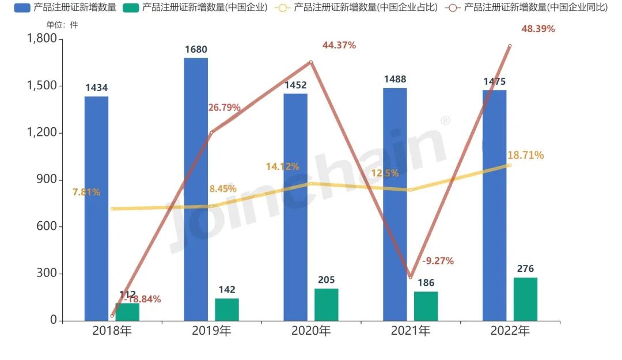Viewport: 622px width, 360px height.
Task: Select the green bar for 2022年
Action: [x=525, y=299]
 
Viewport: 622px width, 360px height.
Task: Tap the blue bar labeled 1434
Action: [x=96, y=208]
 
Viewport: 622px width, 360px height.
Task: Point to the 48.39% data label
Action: [x=538, y=29]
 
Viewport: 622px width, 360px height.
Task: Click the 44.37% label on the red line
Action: [x=339, y=46]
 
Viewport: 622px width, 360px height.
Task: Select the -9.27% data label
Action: [x=438, y=261]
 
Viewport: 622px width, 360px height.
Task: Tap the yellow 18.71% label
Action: [x=525, y=156]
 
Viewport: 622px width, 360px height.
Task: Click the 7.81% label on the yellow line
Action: [x=86, y=192]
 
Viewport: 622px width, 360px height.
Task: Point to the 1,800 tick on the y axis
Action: [x=41, y=39]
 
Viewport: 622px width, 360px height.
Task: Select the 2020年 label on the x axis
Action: [x=311, y=331]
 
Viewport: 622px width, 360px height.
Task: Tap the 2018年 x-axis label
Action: [x=112, y=331]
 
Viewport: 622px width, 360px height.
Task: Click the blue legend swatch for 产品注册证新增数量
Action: [x=22, y=8]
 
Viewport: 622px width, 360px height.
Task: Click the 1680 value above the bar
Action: [x=196, y=50]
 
